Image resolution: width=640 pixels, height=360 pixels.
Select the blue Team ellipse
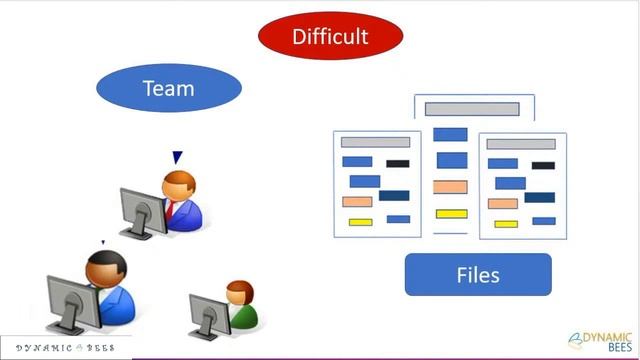coord(168,89)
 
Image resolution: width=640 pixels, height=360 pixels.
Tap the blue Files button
coord(478,274)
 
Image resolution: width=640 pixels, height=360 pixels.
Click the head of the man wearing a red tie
coord(179,184)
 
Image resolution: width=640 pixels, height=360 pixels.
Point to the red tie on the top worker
coord(171,210)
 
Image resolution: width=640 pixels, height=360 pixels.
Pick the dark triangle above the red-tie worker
coord(177,157)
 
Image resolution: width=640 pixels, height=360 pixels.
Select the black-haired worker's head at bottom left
coord(104,267)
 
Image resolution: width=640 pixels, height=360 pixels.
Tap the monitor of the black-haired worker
coord(70,300)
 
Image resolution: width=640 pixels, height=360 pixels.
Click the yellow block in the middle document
coord(451,213)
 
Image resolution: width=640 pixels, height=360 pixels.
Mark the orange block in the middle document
coord(451,187)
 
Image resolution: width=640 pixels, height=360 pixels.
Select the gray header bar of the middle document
coord(472,109)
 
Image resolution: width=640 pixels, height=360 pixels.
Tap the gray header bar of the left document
coord(375,142)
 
